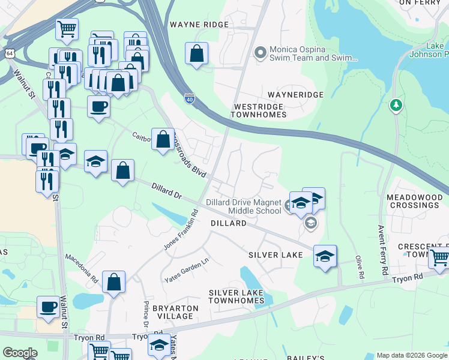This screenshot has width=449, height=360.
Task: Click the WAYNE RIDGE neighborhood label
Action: pos(199,25)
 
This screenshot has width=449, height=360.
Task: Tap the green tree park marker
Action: pos(396,106)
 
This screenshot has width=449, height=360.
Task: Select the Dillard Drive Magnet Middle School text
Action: pos(243,206)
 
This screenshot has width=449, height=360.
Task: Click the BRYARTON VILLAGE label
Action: pos(175,312)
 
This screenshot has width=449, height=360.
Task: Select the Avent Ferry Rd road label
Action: pos(382,251)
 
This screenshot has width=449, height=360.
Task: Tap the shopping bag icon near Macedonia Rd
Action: pos(113,282)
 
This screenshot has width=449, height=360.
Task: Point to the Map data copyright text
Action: pos(411,355)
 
